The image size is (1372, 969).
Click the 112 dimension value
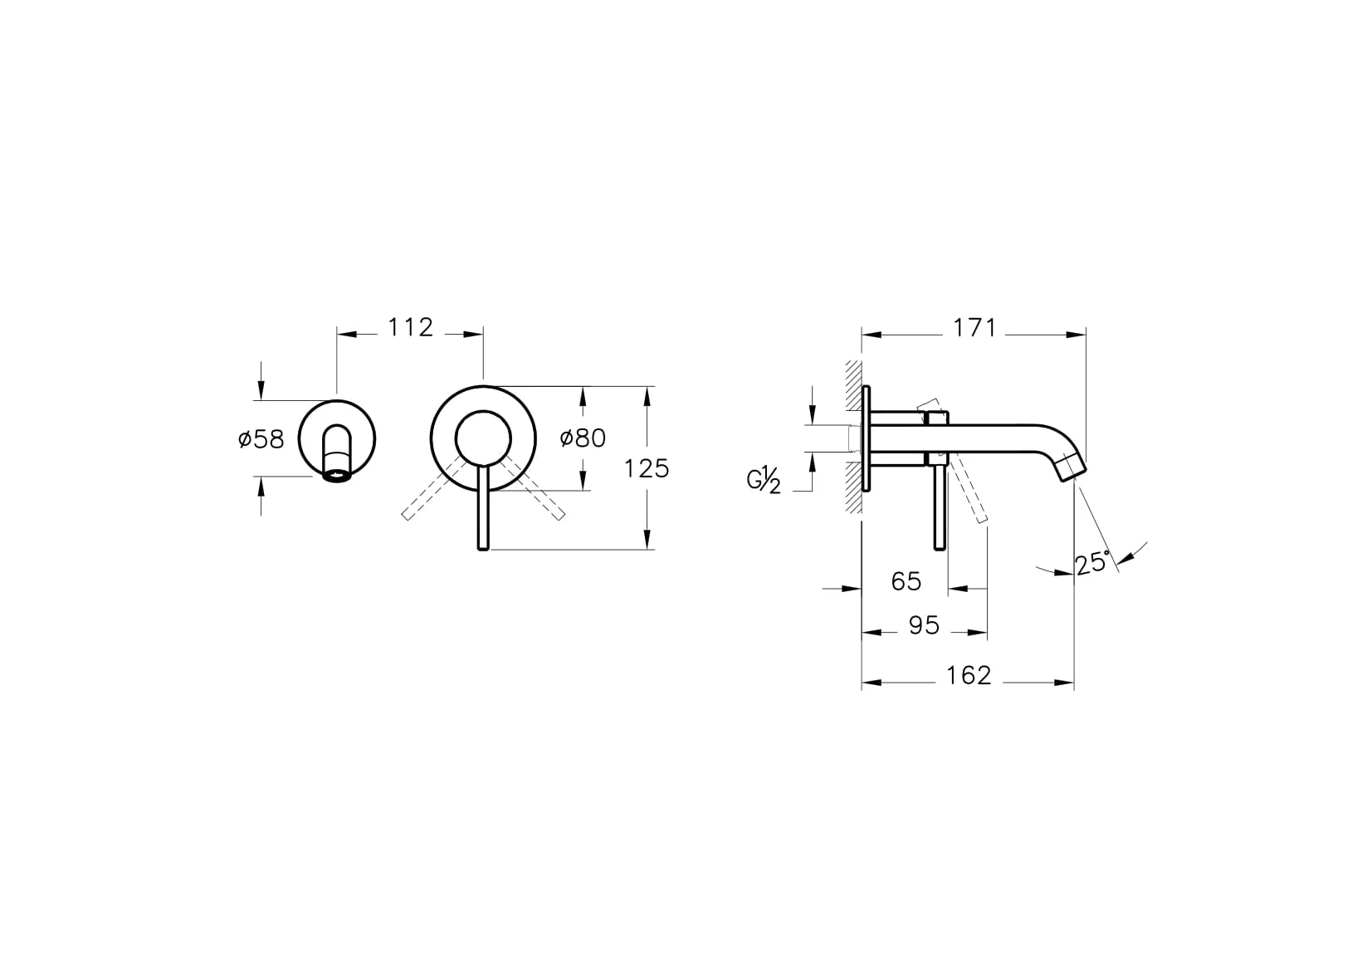[411, 328]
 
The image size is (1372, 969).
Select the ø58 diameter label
[261, 438]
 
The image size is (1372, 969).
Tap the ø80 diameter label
[583, 438]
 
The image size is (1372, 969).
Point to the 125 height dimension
[647, 469]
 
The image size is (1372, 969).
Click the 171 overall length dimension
[974, 329]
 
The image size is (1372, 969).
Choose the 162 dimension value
[969, 676]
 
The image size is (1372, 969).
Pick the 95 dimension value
[924, 625]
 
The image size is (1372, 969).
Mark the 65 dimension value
[906, 581]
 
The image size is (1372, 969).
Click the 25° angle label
[1092, 563]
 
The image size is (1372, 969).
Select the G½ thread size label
[764, 480]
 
